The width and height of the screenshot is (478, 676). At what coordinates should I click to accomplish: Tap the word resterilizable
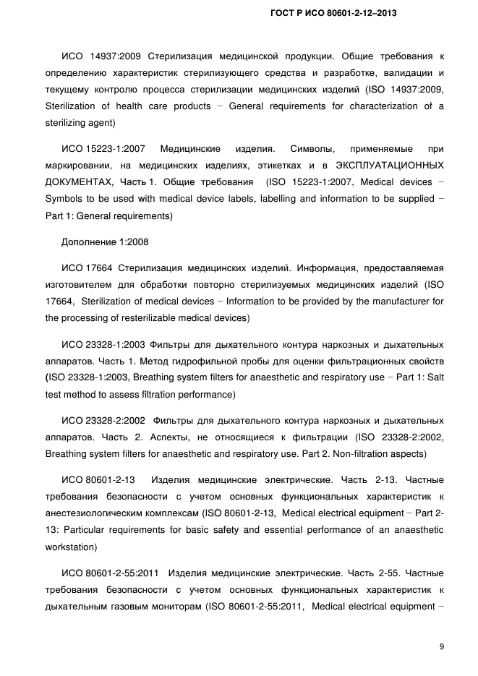[x=147, y=317]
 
